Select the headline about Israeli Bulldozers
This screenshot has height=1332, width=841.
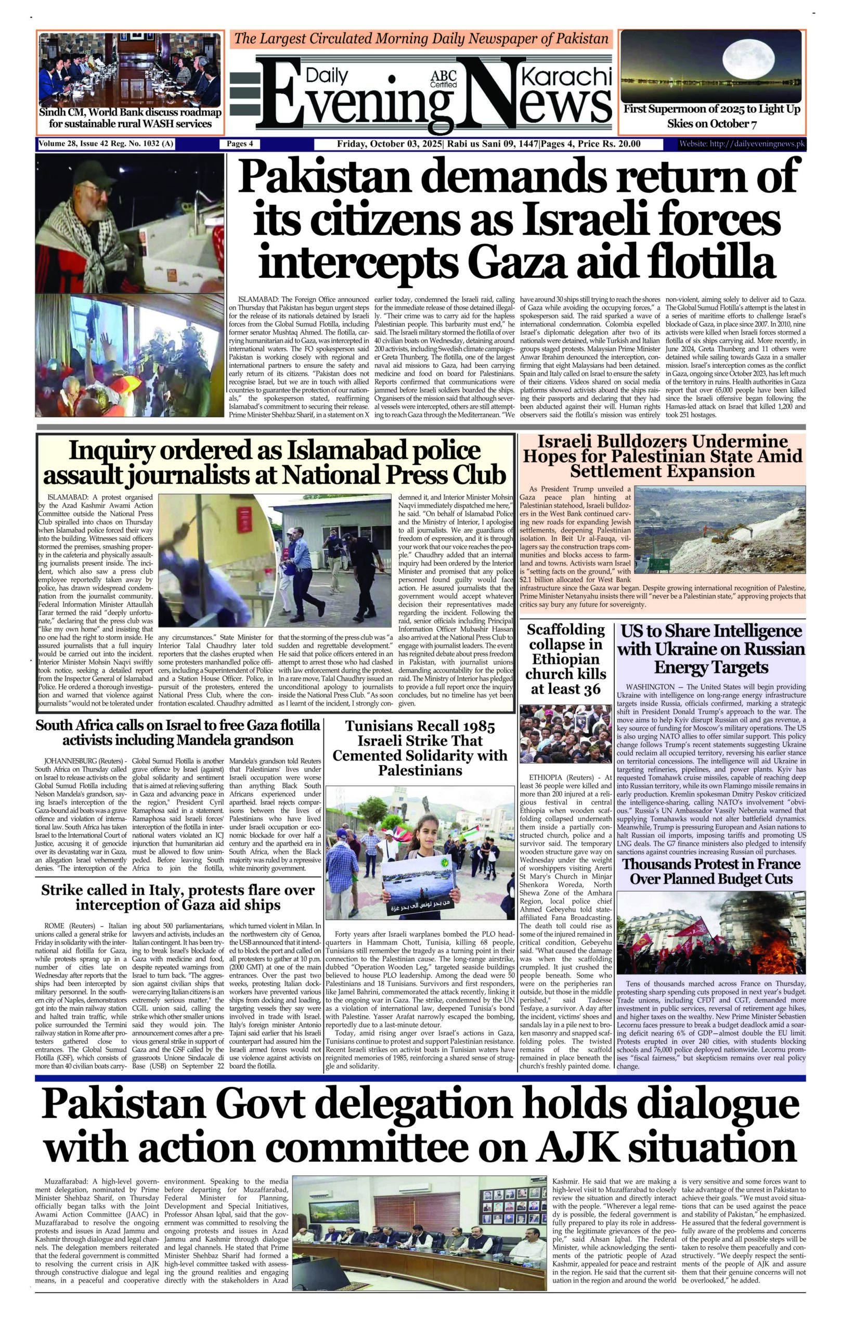[663, 456]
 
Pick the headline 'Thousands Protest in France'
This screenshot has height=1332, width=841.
[711, 871]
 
